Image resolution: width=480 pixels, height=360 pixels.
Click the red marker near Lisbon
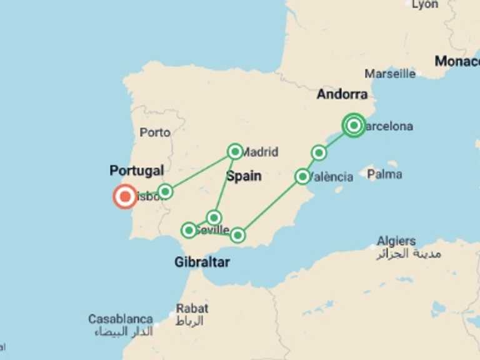click(125, 197)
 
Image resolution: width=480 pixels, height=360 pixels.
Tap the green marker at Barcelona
click(354, 126)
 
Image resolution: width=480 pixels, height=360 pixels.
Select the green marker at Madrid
click(235, 151)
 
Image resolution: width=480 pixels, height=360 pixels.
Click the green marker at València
click(302, 177)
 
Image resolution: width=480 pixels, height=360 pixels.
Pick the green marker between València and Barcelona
click(319, 152)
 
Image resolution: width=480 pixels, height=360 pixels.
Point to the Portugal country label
click(136, 171)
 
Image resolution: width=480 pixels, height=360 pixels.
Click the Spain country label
click(244, 176)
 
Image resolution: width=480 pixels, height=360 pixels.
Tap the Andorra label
click(342, 94)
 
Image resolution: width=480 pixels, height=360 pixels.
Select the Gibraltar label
click(202, 262)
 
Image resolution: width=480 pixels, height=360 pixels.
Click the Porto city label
click(155, 132)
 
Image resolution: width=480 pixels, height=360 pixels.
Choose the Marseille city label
click(390, 74)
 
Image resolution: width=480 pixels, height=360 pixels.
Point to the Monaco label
click(457, 61)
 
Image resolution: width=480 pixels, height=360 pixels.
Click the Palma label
click(384, 174)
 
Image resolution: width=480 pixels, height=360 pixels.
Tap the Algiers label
click(396, 241)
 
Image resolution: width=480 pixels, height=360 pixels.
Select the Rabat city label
click(191, 308)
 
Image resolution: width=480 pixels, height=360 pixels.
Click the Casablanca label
click(121, 319)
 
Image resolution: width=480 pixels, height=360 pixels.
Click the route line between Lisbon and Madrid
click(200, 171)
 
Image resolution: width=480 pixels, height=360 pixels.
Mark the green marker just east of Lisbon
click(165, 191)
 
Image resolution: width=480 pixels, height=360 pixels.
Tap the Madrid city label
click(260, 151)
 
